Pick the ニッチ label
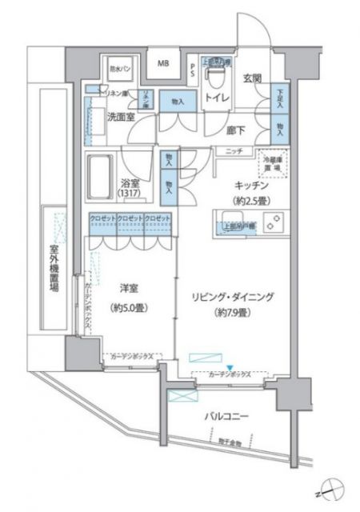click(x=234, y=152)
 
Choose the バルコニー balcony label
click(x=230, y=417)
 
